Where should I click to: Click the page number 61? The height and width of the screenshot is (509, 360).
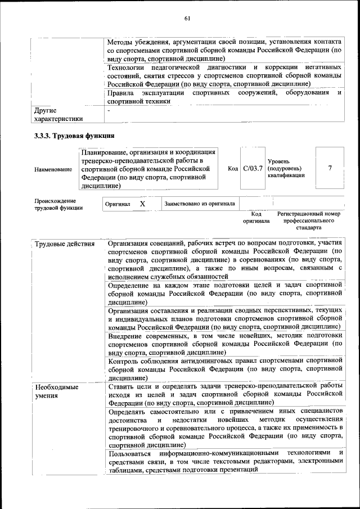pos(187,19)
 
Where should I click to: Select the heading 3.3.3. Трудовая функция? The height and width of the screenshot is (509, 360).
pos(74,136)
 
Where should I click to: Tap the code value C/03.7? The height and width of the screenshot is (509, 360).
pos(253,168)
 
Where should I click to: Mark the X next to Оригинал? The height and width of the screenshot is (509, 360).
pos(142,204)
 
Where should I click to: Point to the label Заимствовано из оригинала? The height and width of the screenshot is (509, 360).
pos(200,204)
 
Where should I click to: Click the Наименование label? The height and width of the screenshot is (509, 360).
pos(53,169)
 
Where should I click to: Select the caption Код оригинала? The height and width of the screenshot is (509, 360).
pos(256,218)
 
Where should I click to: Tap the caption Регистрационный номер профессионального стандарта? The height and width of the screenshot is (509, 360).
pos(309,221)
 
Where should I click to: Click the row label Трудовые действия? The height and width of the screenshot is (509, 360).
pos(65,244)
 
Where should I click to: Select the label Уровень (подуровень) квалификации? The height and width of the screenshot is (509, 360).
pos(286,168)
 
